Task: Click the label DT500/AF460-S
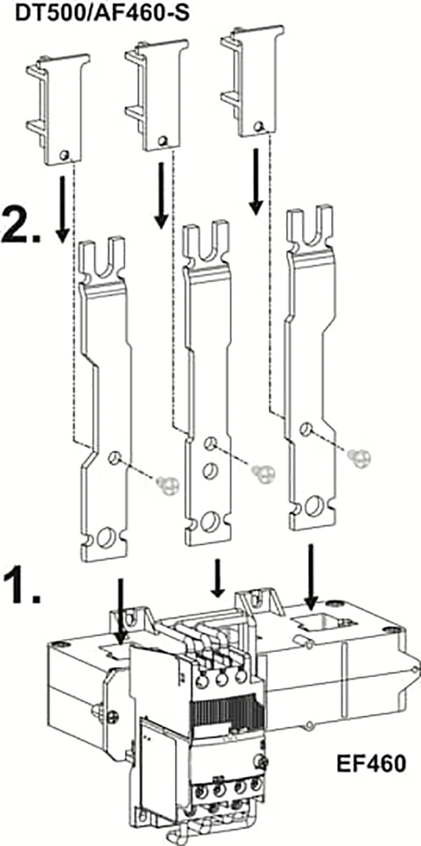[x=102, y=14]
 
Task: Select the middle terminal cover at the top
[x=157, y=94]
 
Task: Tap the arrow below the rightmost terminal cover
[x=257, y=182]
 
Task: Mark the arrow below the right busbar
[x=312, y=576]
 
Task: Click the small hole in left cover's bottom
[x=65, y=154]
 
